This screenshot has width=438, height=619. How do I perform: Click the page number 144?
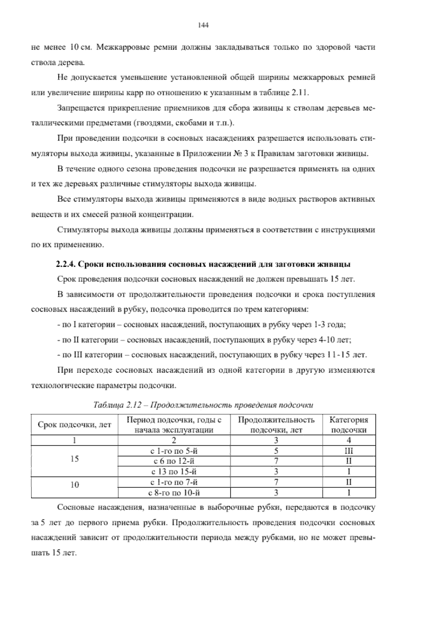(x=203, y=25)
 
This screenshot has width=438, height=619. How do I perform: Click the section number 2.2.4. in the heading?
(x=66, y=264)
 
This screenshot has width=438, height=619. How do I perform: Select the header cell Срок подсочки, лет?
(x=74, y=425)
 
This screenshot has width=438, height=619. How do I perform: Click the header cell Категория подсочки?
(x=349, y=425)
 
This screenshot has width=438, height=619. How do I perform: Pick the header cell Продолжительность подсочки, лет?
(x=276, y=425)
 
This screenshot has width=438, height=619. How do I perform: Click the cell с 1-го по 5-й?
(x=174, y=451)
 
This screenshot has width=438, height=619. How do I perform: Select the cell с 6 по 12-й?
(x=174, y=461)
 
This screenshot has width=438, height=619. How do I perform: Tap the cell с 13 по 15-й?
(x=174, y=472)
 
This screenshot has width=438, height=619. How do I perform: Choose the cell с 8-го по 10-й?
(x=174, y=493)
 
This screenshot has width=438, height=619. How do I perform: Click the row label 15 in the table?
(x=74, y=459)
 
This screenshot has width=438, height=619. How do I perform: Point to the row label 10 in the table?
(x=74, y=485)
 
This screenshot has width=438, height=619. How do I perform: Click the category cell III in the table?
(x=349, y=451)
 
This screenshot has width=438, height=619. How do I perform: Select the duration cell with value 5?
(x=276, y=451)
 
